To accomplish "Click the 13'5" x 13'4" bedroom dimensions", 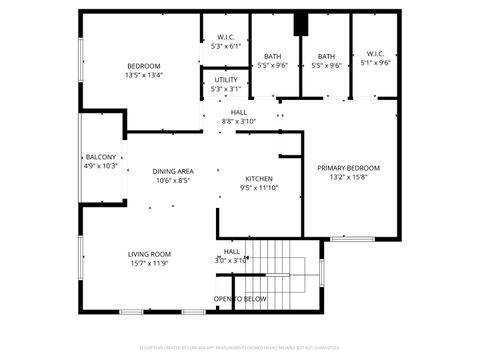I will (144, 75).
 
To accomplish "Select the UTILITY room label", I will (225, 79).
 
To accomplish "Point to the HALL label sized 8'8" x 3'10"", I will (239, 112).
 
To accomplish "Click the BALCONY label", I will (101, 157).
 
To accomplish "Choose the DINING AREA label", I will (173, 171).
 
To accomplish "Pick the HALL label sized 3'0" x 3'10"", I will (231, 251).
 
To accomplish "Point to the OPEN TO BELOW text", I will (240, 299).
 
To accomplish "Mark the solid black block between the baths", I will (299, 26).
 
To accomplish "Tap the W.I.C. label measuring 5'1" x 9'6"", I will (375, 54).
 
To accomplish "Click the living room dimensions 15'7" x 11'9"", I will (150, 263).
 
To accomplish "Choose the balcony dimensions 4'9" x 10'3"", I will (101, 166).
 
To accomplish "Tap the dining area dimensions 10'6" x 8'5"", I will (173, 180).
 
